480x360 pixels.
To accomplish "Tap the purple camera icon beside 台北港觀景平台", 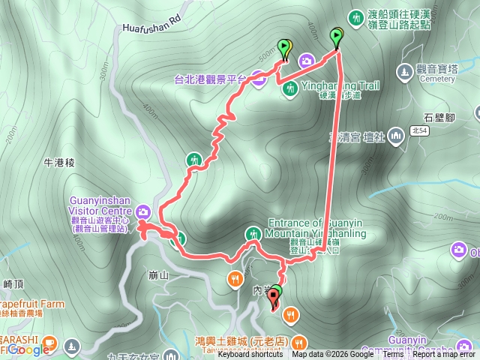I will coord(256,78).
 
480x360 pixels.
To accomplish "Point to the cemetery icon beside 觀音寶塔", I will coord(405,72).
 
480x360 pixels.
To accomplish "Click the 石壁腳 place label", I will coord(439,118).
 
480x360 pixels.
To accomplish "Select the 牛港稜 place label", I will coord(60,161).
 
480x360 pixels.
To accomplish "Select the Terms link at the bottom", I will coord(393,355).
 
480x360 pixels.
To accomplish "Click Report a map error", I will coord(442,355).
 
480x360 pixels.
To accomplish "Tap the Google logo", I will coord(30,349).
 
